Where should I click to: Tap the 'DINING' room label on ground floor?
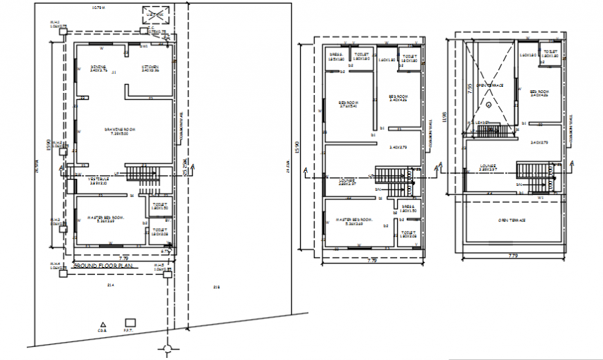click(98, 67)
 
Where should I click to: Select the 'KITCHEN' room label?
click(150, 67)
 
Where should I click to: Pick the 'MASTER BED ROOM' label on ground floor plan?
click(105, 218)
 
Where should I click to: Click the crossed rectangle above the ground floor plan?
click(154, 15)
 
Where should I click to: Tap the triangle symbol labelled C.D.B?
click(103, 324)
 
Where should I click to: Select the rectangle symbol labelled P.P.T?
click(129, 323)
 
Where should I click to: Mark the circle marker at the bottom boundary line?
click(166, 349)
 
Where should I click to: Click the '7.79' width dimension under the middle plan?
click(372, 261)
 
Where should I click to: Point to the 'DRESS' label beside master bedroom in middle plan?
click(408, 207)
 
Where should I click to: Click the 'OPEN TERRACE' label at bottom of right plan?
click(512, 220)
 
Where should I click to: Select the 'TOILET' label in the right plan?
click(551, 51)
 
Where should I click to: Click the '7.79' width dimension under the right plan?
click(514, 256)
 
